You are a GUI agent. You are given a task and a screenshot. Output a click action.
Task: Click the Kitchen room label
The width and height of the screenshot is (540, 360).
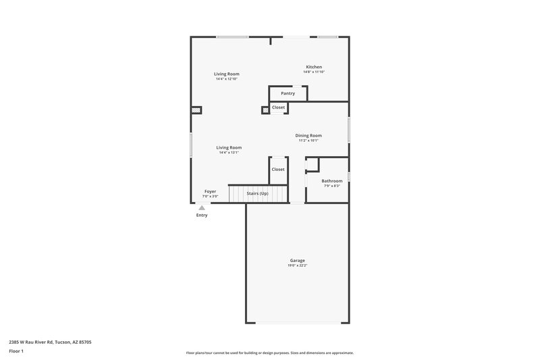(x=314, y=67)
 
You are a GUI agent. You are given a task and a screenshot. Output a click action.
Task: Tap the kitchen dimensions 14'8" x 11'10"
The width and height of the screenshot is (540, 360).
(x=314, y=72)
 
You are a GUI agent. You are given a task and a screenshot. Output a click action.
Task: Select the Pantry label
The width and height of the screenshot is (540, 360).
(x=288, y=93)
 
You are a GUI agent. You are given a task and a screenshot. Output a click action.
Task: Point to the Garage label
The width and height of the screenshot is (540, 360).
(x=297, y=260)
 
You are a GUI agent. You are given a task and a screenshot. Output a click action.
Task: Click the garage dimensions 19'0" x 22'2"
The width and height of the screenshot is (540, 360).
(x=297, y=265)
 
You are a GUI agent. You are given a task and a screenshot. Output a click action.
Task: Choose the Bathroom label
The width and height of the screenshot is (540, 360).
(x=331, y=180)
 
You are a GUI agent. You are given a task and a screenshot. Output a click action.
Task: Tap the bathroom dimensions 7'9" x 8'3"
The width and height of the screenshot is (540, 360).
(x=331, y=186)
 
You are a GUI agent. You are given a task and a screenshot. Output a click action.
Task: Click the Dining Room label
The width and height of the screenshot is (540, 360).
(x=308, y=135)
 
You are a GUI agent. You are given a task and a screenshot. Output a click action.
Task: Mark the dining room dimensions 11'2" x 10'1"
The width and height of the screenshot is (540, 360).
(x=308, y=140)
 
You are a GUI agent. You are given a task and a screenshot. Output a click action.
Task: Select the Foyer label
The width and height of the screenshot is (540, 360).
(x=210, y=191)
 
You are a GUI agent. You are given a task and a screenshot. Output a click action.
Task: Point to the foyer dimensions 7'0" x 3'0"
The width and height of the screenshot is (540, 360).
(x=210, y=197)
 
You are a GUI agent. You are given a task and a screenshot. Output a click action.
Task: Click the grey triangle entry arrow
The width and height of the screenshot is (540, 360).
(x=201, y=207)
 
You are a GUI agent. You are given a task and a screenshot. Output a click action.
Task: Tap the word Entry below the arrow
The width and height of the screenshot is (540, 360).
(x=202, y=215)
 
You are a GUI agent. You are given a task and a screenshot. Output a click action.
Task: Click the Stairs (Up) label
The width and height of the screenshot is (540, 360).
(x=257, y=193)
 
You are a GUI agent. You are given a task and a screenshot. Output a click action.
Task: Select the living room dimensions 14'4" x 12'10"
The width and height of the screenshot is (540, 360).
(x=227, y=79)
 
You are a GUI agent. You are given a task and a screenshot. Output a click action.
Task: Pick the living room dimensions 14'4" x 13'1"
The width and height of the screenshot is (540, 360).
(x=229, y=153)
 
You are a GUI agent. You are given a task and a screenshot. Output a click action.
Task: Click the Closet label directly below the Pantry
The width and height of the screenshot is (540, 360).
(x=278, y=107)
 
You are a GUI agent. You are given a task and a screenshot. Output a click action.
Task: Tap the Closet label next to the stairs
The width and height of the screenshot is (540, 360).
(x=278, y=169)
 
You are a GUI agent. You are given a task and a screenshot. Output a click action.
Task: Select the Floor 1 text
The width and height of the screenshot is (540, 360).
(x=17, y=352)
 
